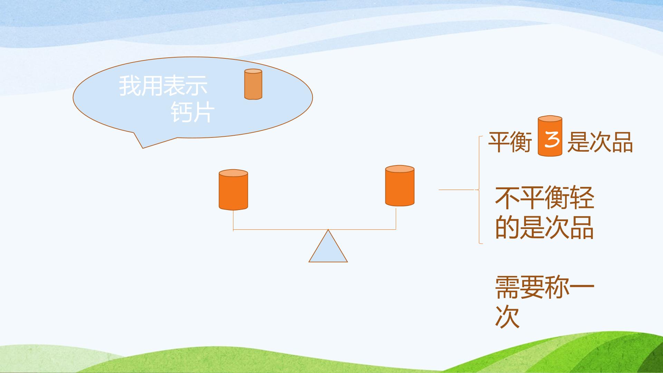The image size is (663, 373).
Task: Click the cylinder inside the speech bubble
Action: [x=253, y=84]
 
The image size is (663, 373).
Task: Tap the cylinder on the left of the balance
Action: [x=233, y=190]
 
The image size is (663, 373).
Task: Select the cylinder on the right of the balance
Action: [x=400, y=186]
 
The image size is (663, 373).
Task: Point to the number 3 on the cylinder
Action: [x=551, y=141]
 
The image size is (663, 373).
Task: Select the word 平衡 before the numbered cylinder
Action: [x=510, y=142]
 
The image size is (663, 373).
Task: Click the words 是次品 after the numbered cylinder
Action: [x=600, y=142]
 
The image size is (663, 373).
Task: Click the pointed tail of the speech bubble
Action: [x=143, y=148]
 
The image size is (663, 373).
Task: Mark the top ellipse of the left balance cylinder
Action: [x=233, y=173]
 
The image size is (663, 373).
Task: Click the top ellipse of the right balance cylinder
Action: [x=400, y=169]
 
